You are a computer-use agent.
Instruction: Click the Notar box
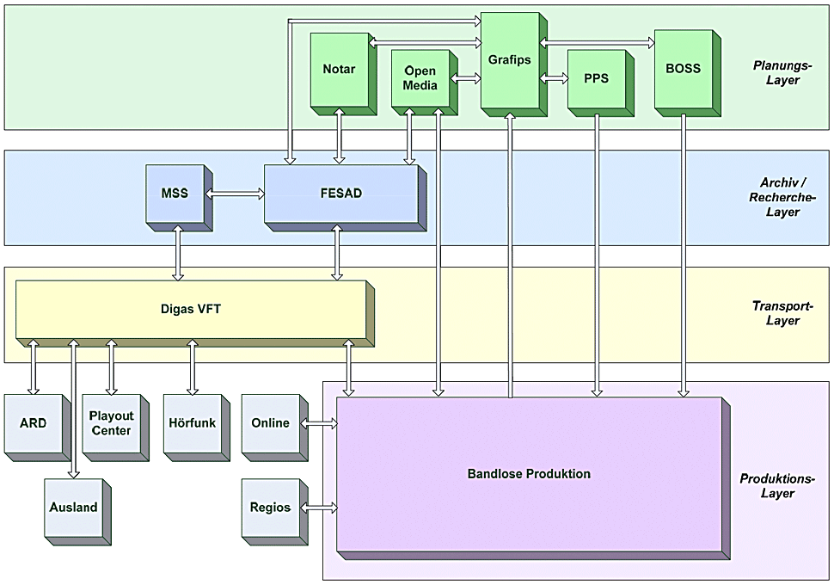[339, 70]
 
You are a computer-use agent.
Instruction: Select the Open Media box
[420, 78]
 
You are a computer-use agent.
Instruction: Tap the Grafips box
[509, 60]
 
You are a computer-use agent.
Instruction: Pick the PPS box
[596, 78]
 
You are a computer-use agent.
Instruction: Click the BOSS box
[684, 69]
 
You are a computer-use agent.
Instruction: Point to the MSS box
[175, 194]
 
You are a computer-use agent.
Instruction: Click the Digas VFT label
[191, 308]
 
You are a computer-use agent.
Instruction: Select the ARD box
[33, 423]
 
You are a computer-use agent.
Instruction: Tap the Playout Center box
[111, 423]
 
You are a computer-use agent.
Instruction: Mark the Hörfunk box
[191, 423]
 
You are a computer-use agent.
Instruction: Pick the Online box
[270, 423]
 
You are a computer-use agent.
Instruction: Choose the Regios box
[270, 508]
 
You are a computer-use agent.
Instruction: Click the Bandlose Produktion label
[529, 474]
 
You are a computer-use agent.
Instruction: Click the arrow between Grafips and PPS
[555, 78]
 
